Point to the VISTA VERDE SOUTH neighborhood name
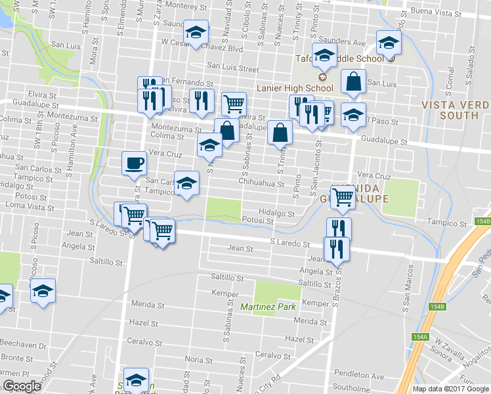tap(456, 110)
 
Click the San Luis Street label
tap(233, 67)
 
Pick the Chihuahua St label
tap(261, 183)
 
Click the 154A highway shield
tap(420, 337)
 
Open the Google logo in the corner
tap(22, 386)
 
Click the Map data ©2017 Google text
tap(450, 388)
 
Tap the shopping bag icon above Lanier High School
tap(353, 82)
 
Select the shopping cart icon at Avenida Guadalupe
tap(343, 196)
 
